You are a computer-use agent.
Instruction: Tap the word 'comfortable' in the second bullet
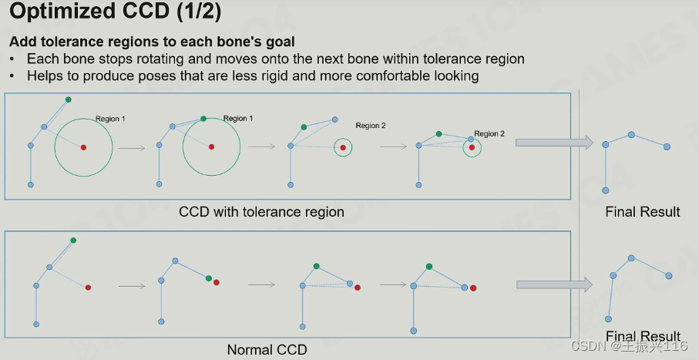(398, 76)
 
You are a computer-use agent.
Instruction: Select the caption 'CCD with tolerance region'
(261, 211)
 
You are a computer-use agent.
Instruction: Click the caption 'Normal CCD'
(267, 350)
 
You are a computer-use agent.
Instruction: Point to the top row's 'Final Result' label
(643, 211)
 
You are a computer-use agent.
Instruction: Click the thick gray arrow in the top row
(553, 142)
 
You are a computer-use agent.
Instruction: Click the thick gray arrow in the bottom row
(553, 284)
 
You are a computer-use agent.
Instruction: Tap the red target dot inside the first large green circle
(83, 146)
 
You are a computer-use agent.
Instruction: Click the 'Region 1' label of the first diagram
(109, 119)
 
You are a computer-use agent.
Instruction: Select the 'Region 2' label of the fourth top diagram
(489, 133)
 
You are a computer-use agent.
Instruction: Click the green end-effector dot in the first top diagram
(68, 99)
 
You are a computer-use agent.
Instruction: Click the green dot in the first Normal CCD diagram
(73, 241)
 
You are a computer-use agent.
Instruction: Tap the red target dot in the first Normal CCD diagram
(89, 288)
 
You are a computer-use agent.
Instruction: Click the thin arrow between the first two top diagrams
(133, 146)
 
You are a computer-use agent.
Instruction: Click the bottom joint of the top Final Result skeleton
(606, 190)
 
